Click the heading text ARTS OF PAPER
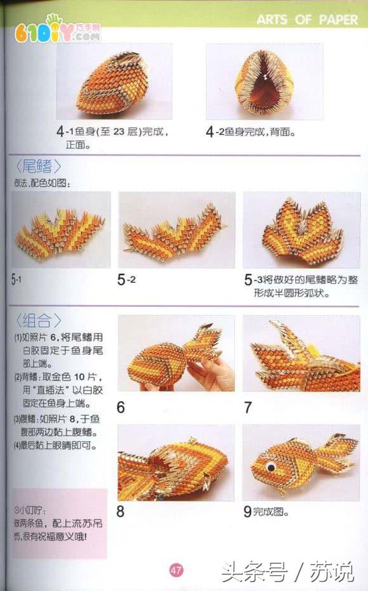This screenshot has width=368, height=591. tap(307, 20)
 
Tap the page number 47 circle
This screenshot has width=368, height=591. tap(176, 570)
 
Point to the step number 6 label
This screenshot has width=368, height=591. tap(121, 406)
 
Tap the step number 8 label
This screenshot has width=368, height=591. tap(121, 511)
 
